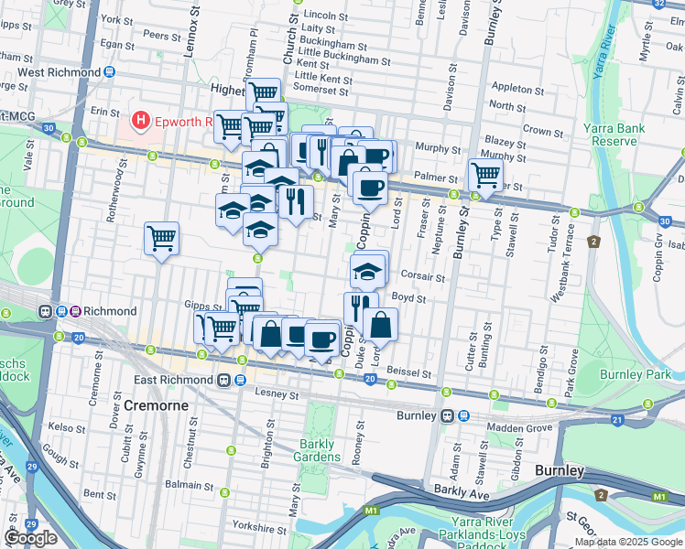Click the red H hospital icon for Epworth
[140, 120]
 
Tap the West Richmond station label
[58, 72]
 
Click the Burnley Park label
[635, 374]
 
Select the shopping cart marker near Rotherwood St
[162, 238]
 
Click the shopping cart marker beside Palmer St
[484, 174]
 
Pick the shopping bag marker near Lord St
[380, 323]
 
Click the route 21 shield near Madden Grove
[616, 420]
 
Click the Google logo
[30, 537]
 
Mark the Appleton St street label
[517, 89]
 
